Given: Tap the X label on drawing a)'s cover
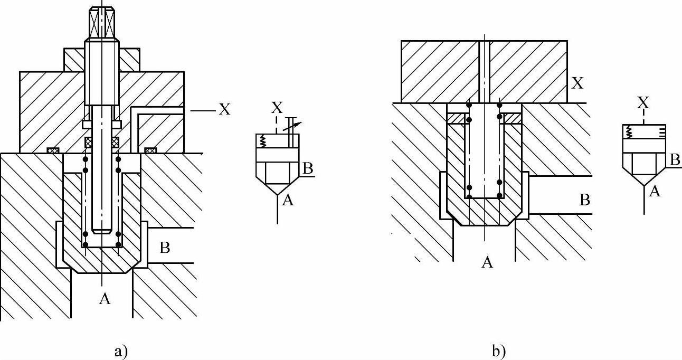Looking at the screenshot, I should (224, 110).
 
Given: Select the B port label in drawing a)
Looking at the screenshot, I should (165, 247).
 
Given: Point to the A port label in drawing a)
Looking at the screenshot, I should (105, 299).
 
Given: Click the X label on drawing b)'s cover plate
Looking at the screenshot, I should (579, 82).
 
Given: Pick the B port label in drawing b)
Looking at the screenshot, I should (584, 201).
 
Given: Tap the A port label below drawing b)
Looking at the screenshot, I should (487, 262).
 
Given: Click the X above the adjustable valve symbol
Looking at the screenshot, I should (276, 108).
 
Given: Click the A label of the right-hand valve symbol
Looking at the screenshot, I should (655, 192).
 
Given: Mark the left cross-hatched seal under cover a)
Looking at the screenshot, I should (53, 150).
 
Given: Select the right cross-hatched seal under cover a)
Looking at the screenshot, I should (150, 150).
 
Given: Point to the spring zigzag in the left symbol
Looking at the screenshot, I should (263, 141).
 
